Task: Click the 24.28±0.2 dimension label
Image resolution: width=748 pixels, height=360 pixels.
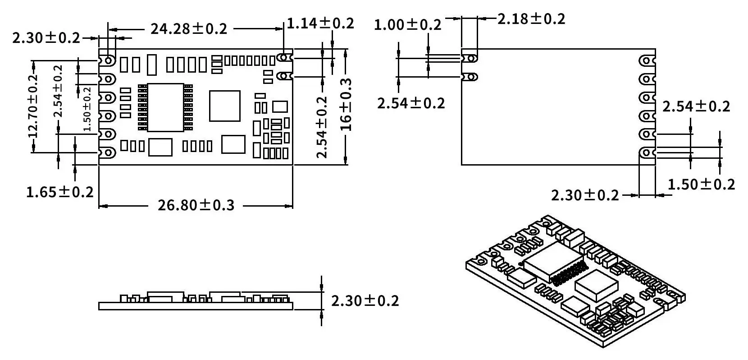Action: tap(189, 29)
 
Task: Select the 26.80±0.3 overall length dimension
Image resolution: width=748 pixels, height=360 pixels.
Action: tap(196, 205)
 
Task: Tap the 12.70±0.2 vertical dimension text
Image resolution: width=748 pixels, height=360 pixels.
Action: tap(33, 106)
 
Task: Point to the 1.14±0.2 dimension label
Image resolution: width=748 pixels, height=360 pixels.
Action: tap(320, 23)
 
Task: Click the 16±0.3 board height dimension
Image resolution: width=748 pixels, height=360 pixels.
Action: tap(346, 105)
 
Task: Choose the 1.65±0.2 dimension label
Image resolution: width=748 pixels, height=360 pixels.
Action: tap(60, 193)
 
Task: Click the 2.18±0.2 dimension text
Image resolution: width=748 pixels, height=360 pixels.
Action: tap(531, 19)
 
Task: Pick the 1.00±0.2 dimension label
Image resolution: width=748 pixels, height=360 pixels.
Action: tap(407, 25)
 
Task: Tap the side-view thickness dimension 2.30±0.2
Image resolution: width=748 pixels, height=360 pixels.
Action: tap(365, 301)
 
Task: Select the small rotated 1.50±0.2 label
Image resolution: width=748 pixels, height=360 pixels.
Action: tap(87, 109)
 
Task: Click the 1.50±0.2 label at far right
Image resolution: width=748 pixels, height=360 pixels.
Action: tap(701, 185)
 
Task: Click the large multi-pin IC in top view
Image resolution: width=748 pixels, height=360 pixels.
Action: tap(165, 107)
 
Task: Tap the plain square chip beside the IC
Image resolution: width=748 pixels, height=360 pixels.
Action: tap(224, 106)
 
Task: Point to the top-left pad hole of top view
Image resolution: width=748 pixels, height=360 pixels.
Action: tap(109, 60)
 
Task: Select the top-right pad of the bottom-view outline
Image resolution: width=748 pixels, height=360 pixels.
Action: tap(647, 60)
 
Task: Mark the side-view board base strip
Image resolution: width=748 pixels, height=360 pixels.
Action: tap(196, 306)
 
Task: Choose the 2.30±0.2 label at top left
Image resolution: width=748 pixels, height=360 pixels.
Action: tap(46, 38)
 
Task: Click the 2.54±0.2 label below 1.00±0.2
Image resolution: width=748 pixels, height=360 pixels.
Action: tap(410, 104)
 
